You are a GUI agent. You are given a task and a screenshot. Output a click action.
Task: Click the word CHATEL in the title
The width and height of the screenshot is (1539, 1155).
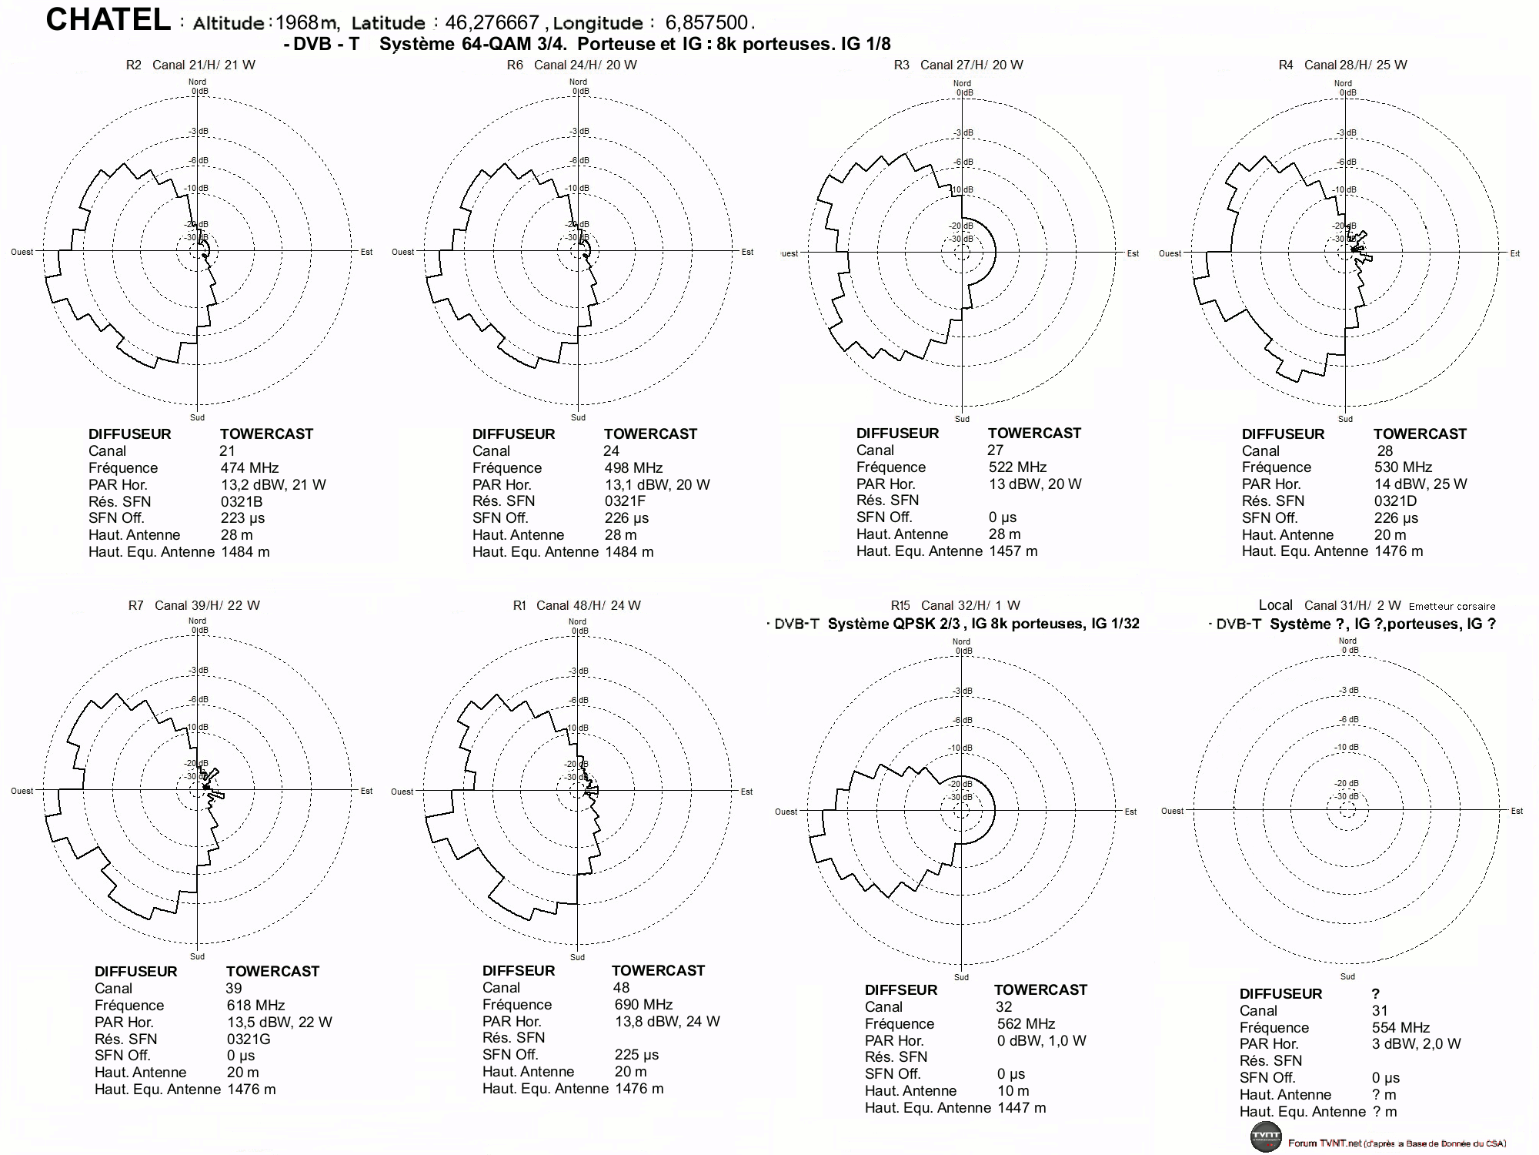(x=108, y=20)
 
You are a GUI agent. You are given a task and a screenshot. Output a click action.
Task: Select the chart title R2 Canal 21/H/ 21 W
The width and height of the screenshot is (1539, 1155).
(x=191, y=65)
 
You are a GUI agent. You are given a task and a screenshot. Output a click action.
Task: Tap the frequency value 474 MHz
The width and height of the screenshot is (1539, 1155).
(x=249, y=467)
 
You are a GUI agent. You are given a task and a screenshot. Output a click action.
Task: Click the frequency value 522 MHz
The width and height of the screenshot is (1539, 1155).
(x=1017, y=467)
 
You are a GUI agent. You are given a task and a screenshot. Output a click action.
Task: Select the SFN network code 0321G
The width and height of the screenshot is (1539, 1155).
(x=249, y=1039)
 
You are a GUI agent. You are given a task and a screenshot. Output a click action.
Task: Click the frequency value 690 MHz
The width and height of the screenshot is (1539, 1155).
(x=643, y=1004)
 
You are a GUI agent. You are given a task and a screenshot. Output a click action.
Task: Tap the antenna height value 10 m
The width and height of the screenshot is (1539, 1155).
(x=1013, y=1090)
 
